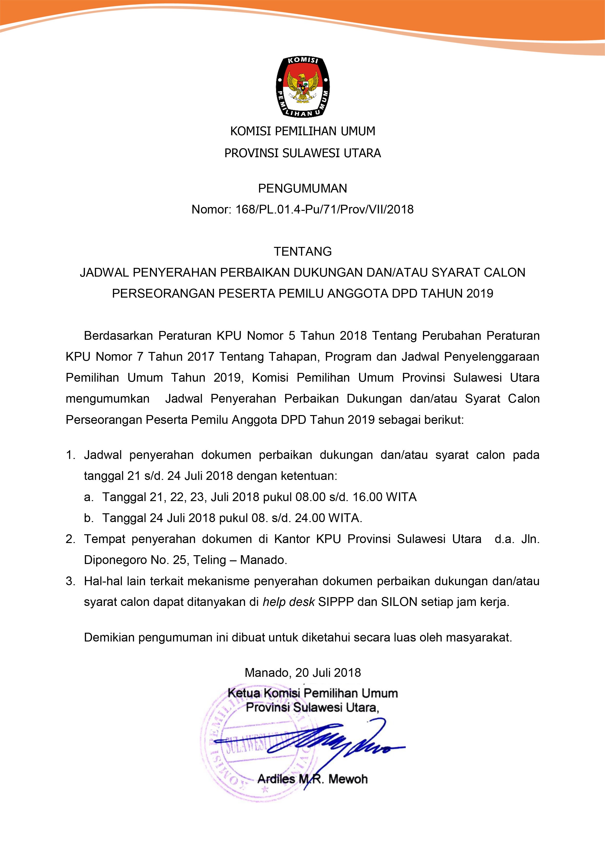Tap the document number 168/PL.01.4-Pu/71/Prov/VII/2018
(x=324, y=210)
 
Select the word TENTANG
(x=302, y=252)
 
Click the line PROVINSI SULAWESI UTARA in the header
(x=302, y=153)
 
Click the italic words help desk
(x=289, y=602)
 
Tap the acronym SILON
(x=399, y=602)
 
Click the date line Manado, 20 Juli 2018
(x=302, y=672)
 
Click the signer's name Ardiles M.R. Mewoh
(x=312, y=779)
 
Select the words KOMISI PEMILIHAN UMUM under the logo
(x=302, y=131)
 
